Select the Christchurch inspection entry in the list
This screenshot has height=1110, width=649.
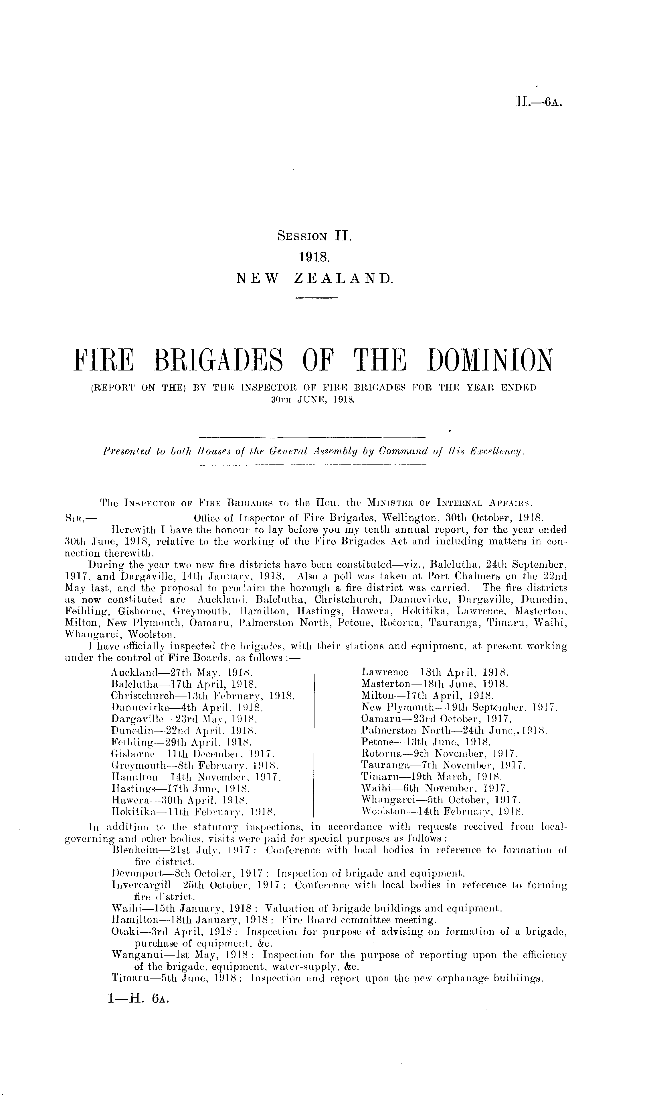point(203,695)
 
